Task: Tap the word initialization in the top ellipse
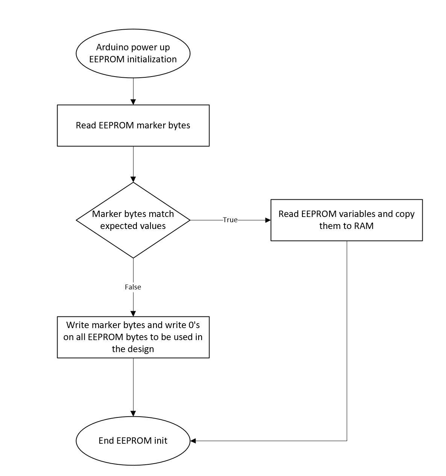coord(152,59)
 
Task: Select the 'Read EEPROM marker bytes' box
coord(133,125)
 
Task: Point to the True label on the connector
coord(230,220)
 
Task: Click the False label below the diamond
coord(133,287)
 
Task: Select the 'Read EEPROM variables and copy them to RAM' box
coord(346,220)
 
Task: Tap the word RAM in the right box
coord(364,226)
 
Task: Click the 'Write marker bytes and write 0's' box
coord(133,337)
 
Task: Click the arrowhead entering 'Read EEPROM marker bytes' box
coord(133,102)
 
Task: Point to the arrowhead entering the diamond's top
coord(133,179)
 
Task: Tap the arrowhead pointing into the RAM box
coord(268,220)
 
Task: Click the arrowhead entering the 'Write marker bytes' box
coord(133,313)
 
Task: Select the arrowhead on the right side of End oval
coord(193,441)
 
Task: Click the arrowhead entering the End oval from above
coord(133,414)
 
